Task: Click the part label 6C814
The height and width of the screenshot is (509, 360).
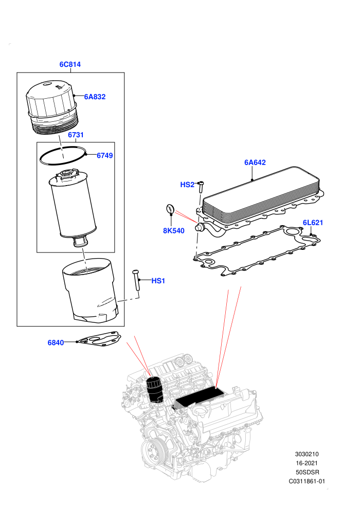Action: [70, 64]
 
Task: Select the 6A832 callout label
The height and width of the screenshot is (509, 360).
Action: [95, 97]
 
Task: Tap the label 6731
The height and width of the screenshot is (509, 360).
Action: [76, 135]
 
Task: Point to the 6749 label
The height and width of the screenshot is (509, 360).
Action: [105, 155]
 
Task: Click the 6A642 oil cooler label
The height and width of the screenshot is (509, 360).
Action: [255, 162]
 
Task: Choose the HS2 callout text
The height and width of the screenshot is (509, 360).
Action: [187, 185]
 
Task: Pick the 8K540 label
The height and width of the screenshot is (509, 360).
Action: [174, 231]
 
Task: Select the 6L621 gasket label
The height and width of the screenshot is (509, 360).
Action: [313, 223]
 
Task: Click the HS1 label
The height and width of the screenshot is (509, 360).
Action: [158, 281]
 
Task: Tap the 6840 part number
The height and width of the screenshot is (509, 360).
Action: [56, 343]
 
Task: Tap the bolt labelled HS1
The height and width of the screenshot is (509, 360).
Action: [136, 280]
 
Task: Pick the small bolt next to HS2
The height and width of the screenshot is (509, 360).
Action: [201, 188]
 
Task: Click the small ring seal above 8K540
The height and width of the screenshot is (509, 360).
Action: [170, 209]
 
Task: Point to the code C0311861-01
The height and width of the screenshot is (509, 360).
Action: [307, 481]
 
